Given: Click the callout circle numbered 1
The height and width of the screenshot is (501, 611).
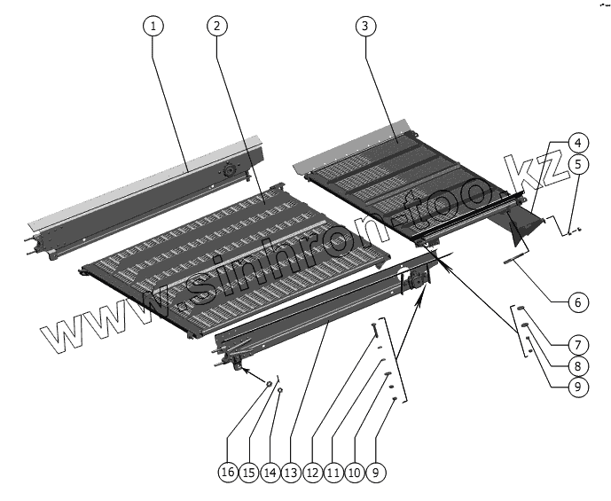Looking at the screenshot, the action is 153,26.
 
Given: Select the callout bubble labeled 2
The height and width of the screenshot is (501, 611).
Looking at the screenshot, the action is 215,26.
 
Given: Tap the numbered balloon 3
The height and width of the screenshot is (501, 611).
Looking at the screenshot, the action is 363,26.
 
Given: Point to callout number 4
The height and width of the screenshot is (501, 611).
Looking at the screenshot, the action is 576,142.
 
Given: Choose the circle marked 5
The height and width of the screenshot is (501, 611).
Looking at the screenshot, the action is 576,164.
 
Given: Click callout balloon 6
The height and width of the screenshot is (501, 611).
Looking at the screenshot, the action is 576,303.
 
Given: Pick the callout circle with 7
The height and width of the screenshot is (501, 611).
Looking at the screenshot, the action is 576,343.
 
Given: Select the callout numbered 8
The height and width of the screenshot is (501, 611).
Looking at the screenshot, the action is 576,365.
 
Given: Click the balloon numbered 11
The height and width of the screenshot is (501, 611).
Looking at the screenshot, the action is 333,474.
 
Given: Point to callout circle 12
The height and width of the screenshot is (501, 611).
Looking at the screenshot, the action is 312,474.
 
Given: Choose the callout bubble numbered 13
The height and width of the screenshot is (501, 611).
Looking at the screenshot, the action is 291,474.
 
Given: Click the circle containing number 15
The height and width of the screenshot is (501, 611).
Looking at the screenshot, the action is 249,474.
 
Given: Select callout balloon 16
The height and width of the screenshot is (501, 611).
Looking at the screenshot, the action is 228,474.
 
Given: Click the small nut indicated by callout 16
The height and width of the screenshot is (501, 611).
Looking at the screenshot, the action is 269,383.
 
